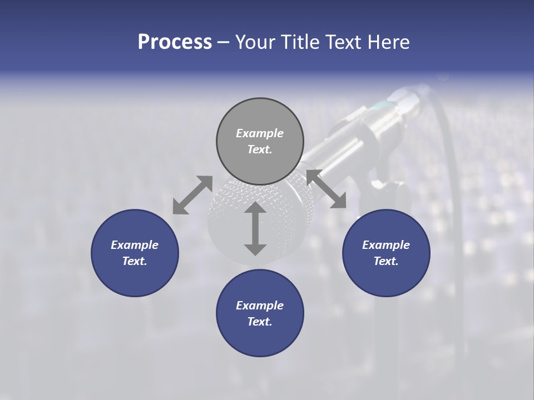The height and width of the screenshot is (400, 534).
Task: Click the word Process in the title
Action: (x=175, y=42)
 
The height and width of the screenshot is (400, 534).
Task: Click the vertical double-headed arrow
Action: (x=255, y=228)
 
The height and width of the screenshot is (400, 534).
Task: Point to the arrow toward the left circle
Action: (x=192, y=194)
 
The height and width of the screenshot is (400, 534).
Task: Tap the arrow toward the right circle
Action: (x=327, y=189)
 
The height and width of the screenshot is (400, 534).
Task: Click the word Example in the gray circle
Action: (x=260, y=133)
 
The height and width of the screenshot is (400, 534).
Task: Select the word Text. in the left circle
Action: (x=135, y=261)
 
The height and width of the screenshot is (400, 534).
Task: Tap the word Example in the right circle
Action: (x=386, y=245)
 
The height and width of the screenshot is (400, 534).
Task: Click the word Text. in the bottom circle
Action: (x=260, y=322)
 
